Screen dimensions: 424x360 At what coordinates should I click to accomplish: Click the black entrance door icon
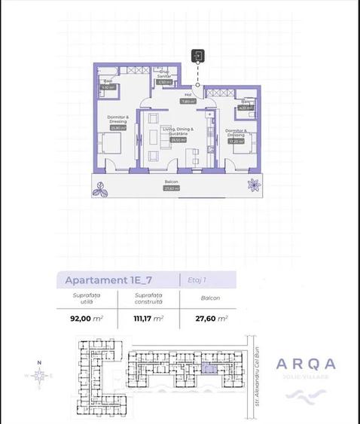pos(198,55)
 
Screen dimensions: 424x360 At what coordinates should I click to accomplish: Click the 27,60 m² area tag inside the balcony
pos(169,188)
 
